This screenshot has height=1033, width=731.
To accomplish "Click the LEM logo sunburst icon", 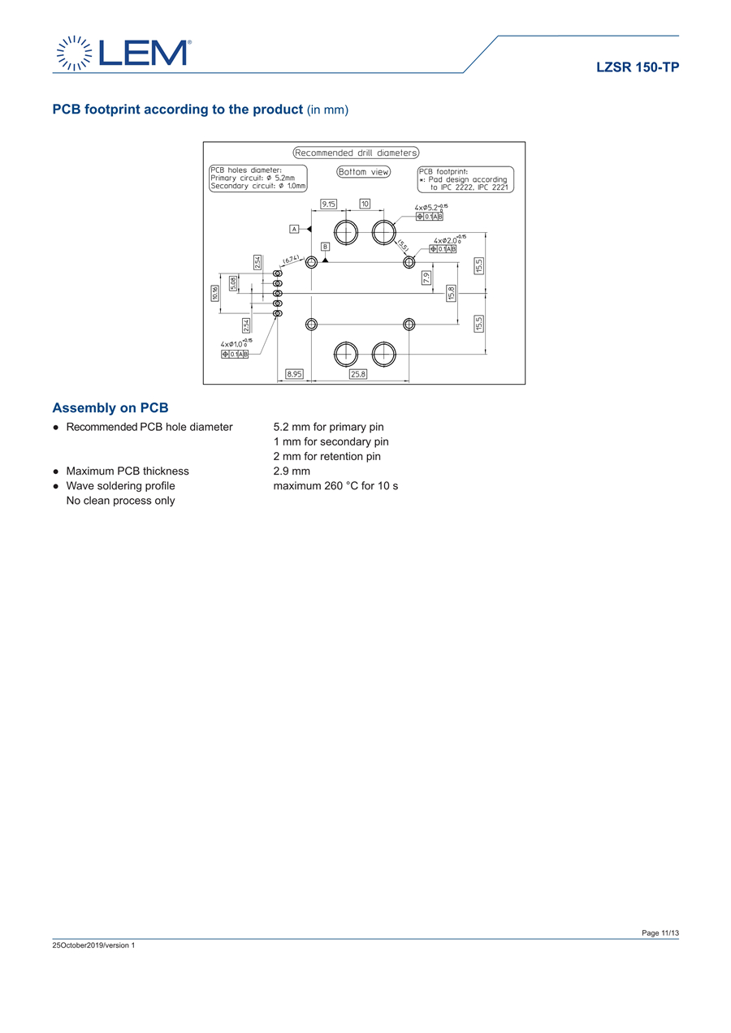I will tap(73, 54).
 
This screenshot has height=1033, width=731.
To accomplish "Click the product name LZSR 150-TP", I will tap(638, 67).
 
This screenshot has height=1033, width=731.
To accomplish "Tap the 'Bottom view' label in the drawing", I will tap(363, 172).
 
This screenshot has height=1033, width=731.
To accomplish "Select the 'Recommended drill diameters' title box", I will tap(356, 153).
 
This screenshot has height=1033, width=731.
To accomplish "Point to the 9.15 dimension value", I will tap(329, 204).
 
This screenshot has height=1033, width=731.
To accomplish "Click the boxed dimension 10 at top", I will tap(365, 204).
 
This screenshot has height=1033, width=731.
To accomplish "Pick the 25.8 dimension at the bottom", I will tap(358, 374).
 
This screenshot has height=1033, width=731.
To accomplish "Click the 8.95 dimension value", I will tap(294, 374).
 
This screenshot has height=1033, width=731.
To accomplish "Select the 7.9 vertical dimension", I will tap(426, 277).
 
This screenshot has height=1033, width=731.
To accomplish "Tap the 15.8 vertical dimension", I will tap(452, 293).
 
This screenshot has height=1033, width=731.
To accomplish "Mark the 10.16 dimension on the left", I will tap(215, 293).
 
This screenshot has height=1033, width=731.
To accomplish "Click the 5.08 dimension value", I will tap(233, 283).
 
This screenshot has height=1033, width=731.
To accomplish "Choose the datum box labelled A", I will tap(295, 229).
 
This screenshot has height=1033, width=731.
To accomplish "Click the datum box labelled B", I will tap(325, 246).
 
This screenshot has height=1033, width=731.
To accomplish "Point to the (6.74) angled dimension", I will tap(292, 260).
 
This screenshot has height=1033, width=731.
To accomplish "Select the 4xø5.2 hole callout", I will tap(430, 208).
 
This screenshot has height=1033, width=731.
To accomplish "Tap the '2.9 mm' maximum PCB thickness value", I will tap(292, 471).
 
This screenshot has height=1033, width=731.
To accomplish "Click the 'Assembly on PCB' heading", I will tap(110, 407).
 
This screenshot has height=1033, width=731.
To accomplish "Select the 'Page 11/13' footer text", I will tap(660, 933).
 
